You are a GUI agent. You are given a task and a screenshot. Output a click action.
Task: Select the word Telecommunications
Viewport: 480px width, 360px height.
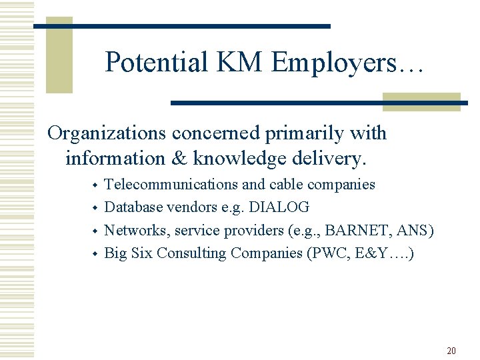click(171, 185)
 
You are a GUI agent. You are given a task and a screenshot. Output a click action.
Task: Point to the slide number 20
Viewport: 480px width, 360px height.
click(451, 351)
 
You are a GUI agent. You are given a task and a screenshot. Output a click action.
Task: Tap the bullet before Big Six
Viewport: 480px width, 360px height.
click(95, 254)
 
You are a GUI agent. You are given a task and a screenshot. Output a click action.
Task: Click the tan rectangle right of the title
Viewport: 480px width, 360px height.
click(421, 101)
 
